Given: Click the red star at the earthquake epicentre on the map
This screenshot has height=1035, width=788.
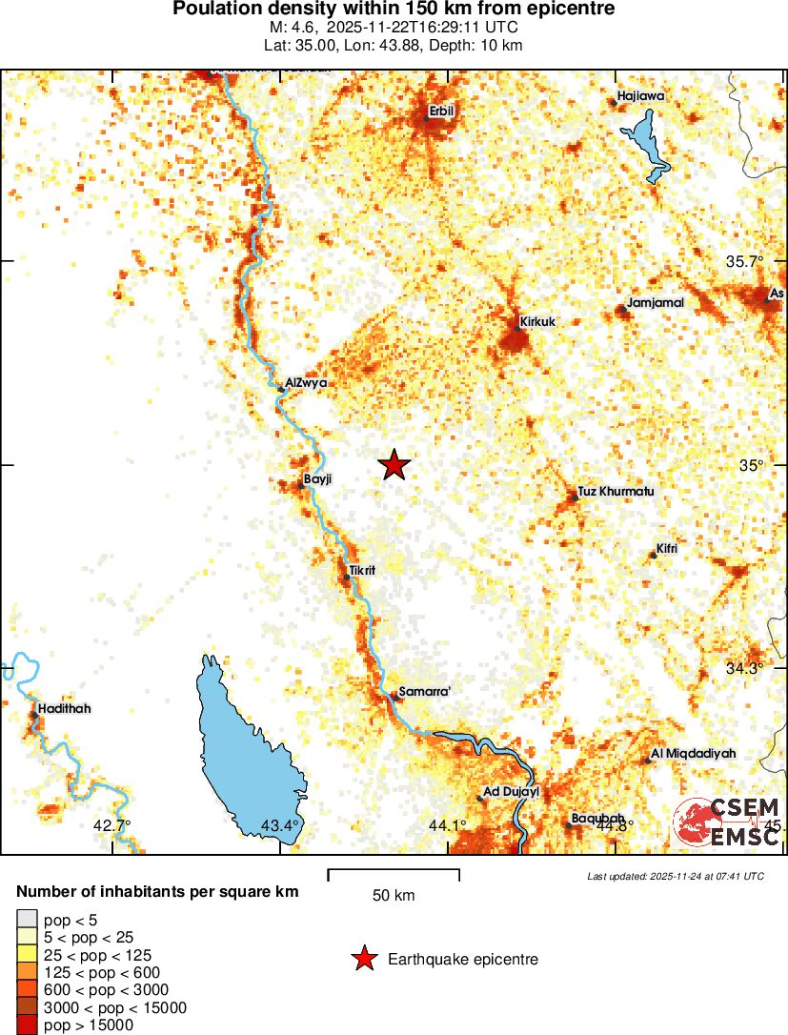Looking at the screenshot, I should (394, 465).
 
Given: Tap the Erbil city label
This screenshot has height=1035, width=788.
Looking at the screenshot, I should (442, 112).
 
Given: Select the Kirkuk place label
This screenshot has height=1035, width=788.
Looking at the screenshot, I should (537, 322).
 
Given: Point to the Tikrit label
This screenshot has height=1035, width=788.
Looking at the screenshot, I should (363, 570).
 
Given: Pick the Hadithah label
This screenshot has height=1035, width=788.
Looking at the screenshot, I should (66, 709).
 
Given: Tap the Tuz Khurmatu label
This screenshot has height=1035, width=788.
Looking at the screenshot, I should (616, 492).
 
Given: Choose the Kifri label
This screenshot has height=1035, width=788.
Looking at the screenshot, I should (666, 551).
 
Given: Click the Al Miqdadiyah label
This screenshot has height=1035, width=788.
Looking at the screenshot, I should (694, 754).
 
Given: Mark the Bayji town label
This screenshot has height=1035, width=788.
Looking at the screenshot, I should (317, 478).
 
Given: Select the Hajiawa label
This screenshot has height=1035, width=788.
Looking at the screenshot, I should (640, 96).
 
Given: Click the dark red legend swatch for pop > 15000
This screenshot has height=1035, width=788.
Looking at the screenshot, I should (27, 1025).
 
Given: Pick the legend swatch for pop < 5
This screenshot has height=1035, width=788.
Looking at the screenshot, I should (27, 920).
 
